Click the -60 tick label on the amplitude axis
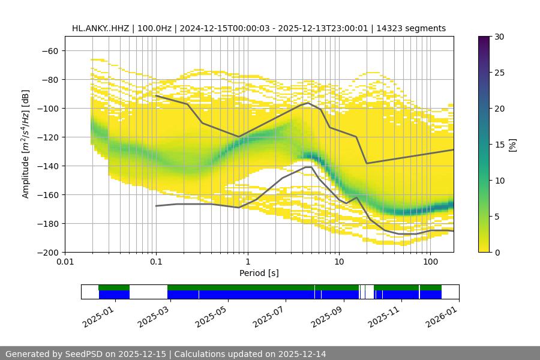coord(49,51)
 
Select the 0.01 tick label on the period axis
coord(65,262)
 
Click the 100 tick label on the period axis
coord(430,262)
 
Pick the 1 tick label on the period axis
coord(247,262)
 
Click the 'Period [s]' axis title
coord(259,273)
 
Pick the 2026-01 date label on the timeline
coord(442,316)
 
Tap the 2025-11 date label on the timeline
coord(384,316)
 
